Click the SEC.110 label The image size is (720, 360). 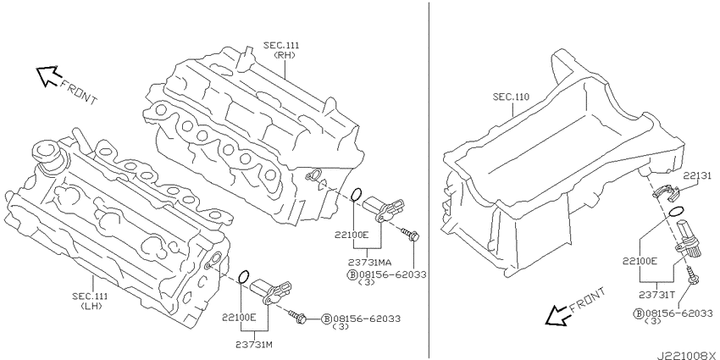pyautogui.click(x=511, y=97)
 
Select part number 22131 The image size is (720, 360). pyautogui.click(x=696, y=175)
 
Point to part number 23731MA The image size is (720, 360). pyautogui.click(x=369, y=263)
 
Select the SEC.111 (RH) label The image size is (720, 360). pyautogui.click(x=281, y=50)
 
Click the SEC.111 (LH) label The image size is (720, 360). pyautogui.click(x=90, y=301)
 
